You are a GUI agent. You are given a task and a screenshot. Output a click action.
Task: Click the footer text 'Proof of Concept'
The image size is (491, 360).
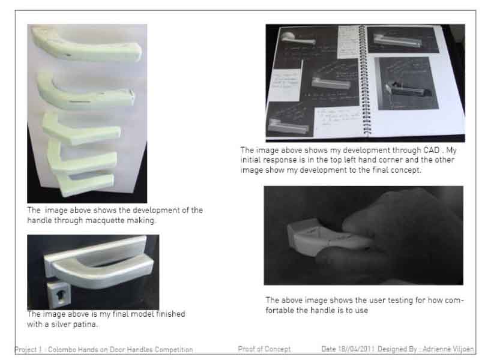coord(264,349)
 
